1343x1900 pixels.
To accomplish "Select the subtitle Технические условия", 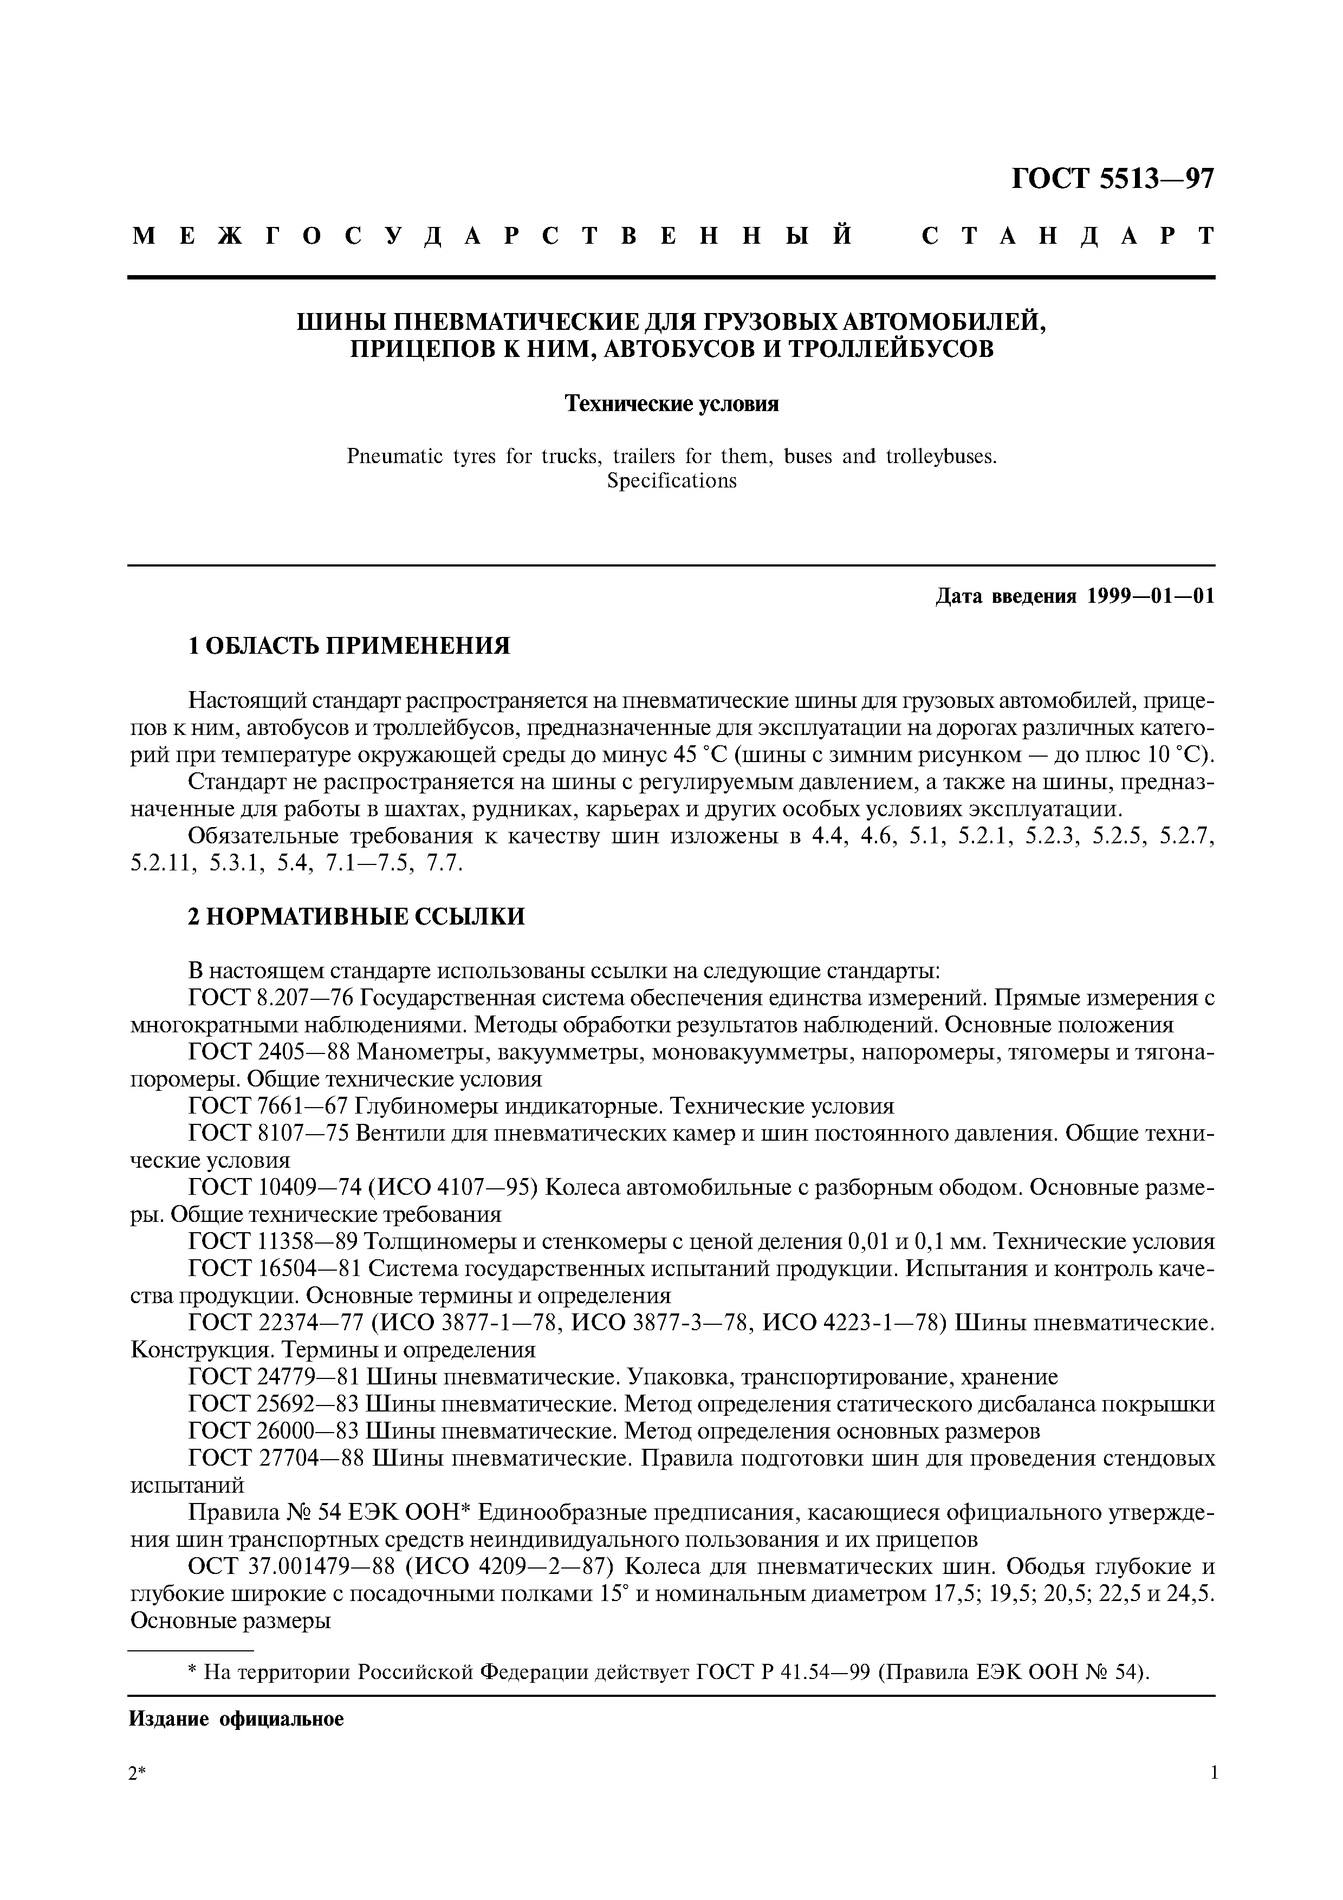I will point(671,404).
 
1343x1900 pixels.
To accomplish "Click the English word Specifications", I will point(671,481).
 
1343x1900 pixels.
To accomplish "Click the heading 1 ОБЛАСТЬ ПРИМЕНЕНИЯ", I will point(349,646).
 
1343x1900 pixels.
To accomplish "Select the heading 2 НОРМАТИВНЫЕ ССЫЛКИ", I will point(356,917).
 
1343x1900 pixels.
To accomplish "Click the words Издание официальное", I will point(236,1720).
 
